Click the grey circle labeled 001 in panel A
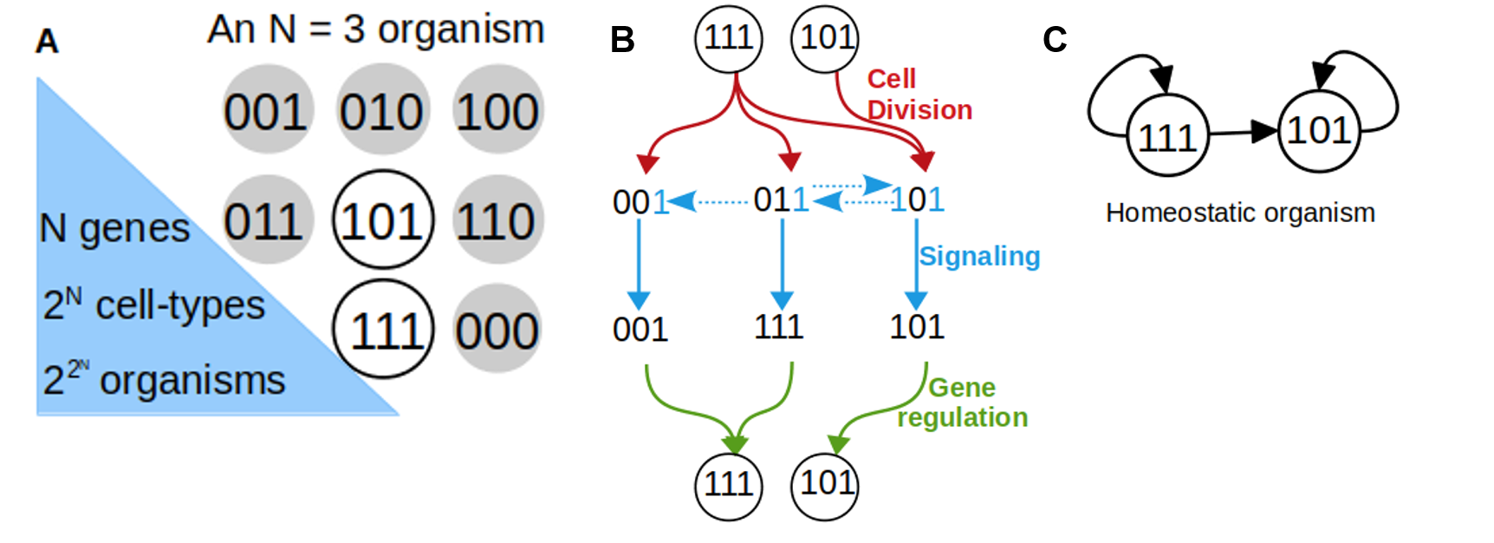pos(267,110)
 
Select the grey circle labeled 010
pos(382,110)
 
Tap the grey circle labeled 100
pos(498,110)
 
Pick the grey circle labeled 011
pos(265,220)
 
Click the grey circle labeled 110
pos(497,220)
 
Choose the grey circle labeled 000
pos(497,330)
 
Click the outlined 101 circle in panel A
pos(382,220)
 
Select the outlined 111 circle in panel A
pos(383,330)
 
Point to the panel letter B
pos(622,40)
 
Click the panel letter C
pos(1055,40)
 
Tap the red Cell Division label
pos(919,95)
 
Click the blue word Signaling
pos(979,256)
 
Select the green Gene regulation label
pos(962,402)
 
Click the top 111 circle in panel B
pos(729,38)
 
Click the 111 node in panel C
pos(1167,137)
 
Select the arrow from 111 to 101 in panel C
pos(1244,133)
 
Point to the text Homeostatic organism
pos(1240,213)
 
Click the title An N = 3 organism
pos(376,29)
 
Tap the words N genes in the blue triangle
pos(114,228)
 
